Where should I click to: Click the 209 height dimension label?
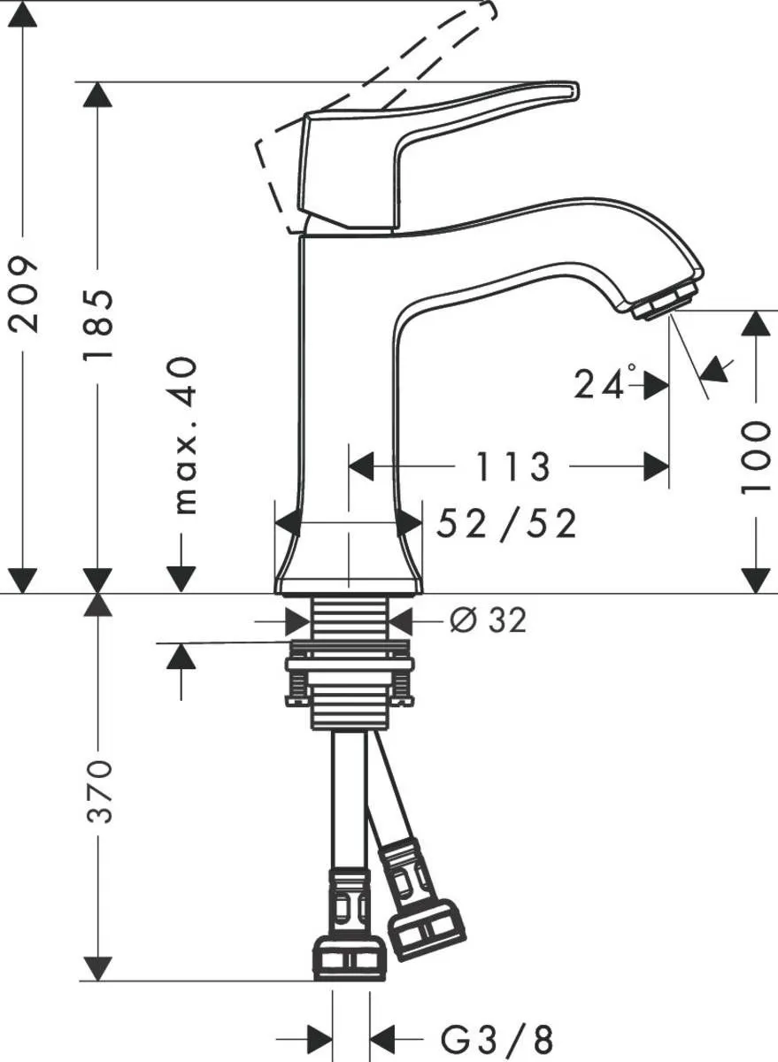click(x=24, y=295)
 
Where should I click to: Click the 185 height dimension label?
click(x=97, y=324)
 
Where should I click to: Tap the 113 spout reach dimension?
click(x=513, y=466)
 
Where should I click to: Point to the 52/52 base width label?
click(x=507, y=525)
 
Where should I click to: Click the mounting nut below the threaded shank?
click(x=350, y=677)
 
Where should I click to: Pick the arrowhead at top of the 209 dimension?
click(x=24, y=14)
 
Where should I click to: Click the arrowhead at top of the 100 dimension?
click(x=755, y=323)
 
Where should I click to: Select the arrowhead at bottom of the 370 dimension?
click(x=98, y=967)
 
